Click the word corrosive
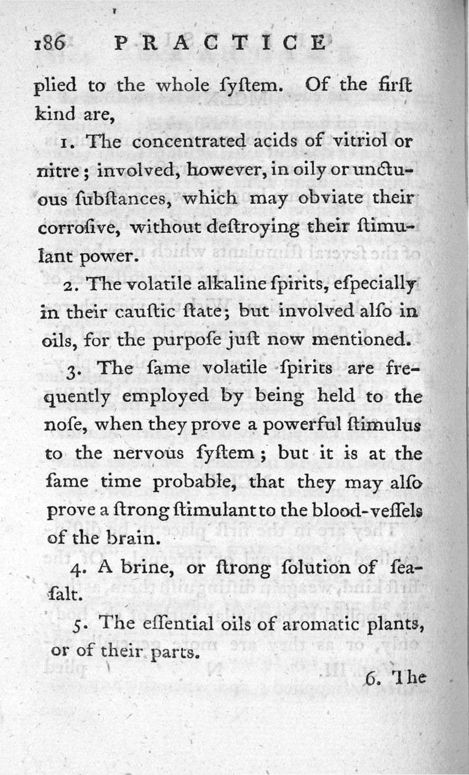coord(81,226)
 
